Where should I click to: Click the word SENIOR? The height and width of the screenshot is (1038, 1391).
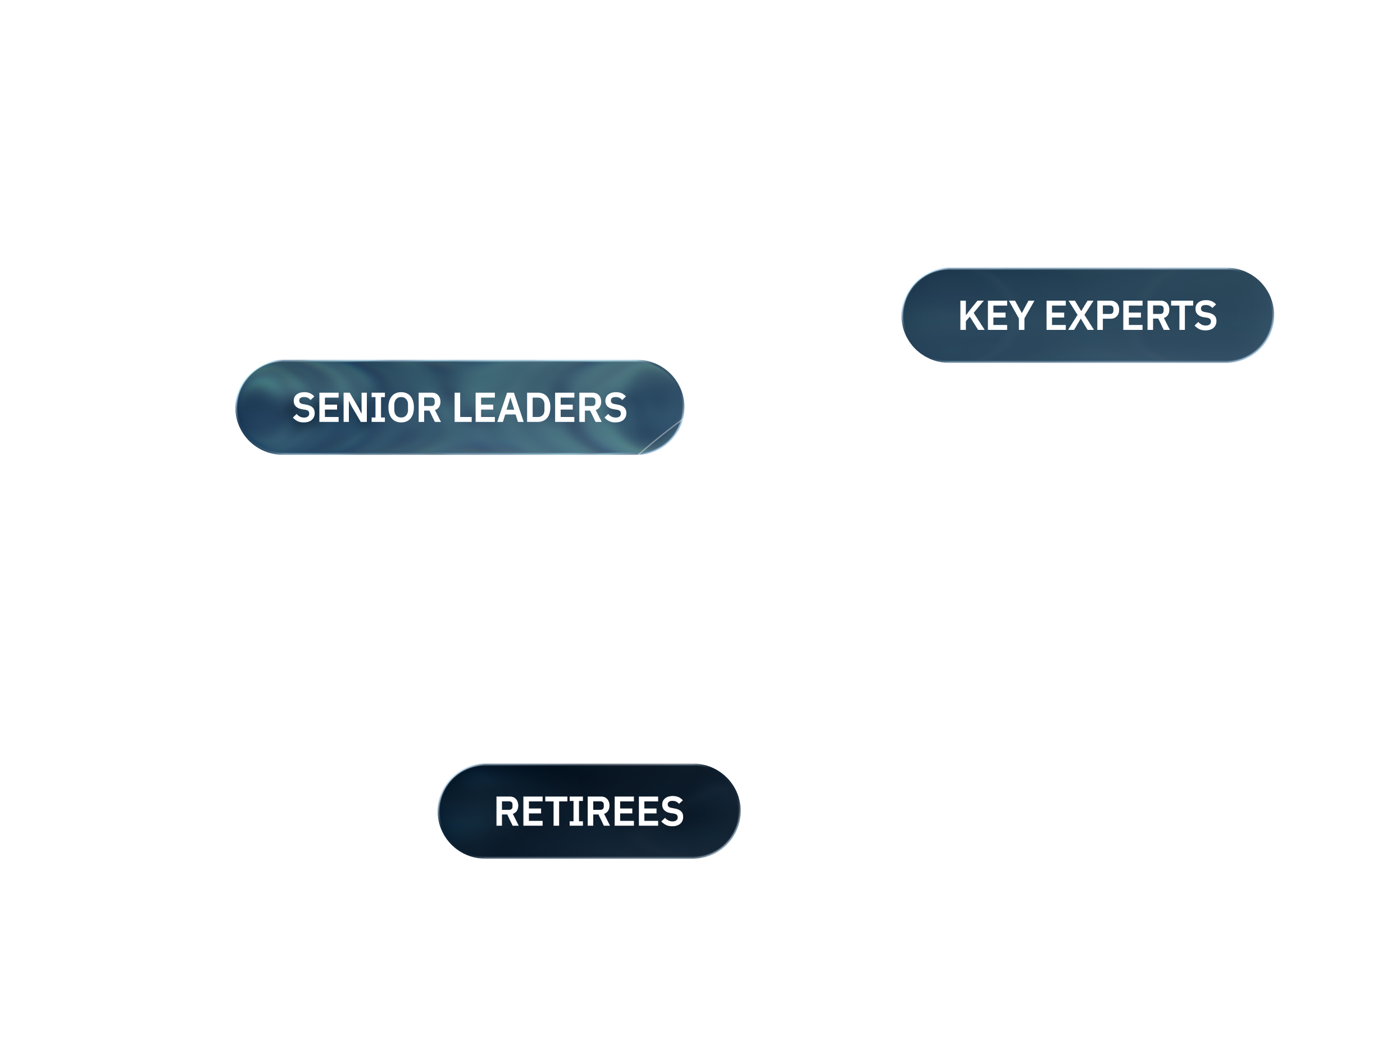pyautogui.click(x=367, y=408)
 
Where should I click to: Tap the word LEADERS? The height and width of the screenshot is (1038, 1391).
pyautogui.click(x=539, y=408)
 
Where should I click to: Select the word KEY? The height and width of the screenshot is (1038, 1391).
pyautogui.click(x=996, y=315)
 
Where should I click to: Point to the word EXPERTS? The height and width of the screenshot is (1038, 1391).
pyautogui.click(x=1130, y=315)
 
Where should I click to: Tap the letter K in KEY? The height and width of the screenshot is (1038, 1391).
pyautogui.click(x=971, y=315)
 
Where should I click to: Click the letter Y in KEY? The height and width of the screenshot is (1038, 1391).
pyautogui.click(x=1022, y=315)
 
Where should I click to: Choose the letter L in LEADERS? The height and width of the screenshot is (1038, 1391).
pyautogui.click(x=462, y=408)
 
